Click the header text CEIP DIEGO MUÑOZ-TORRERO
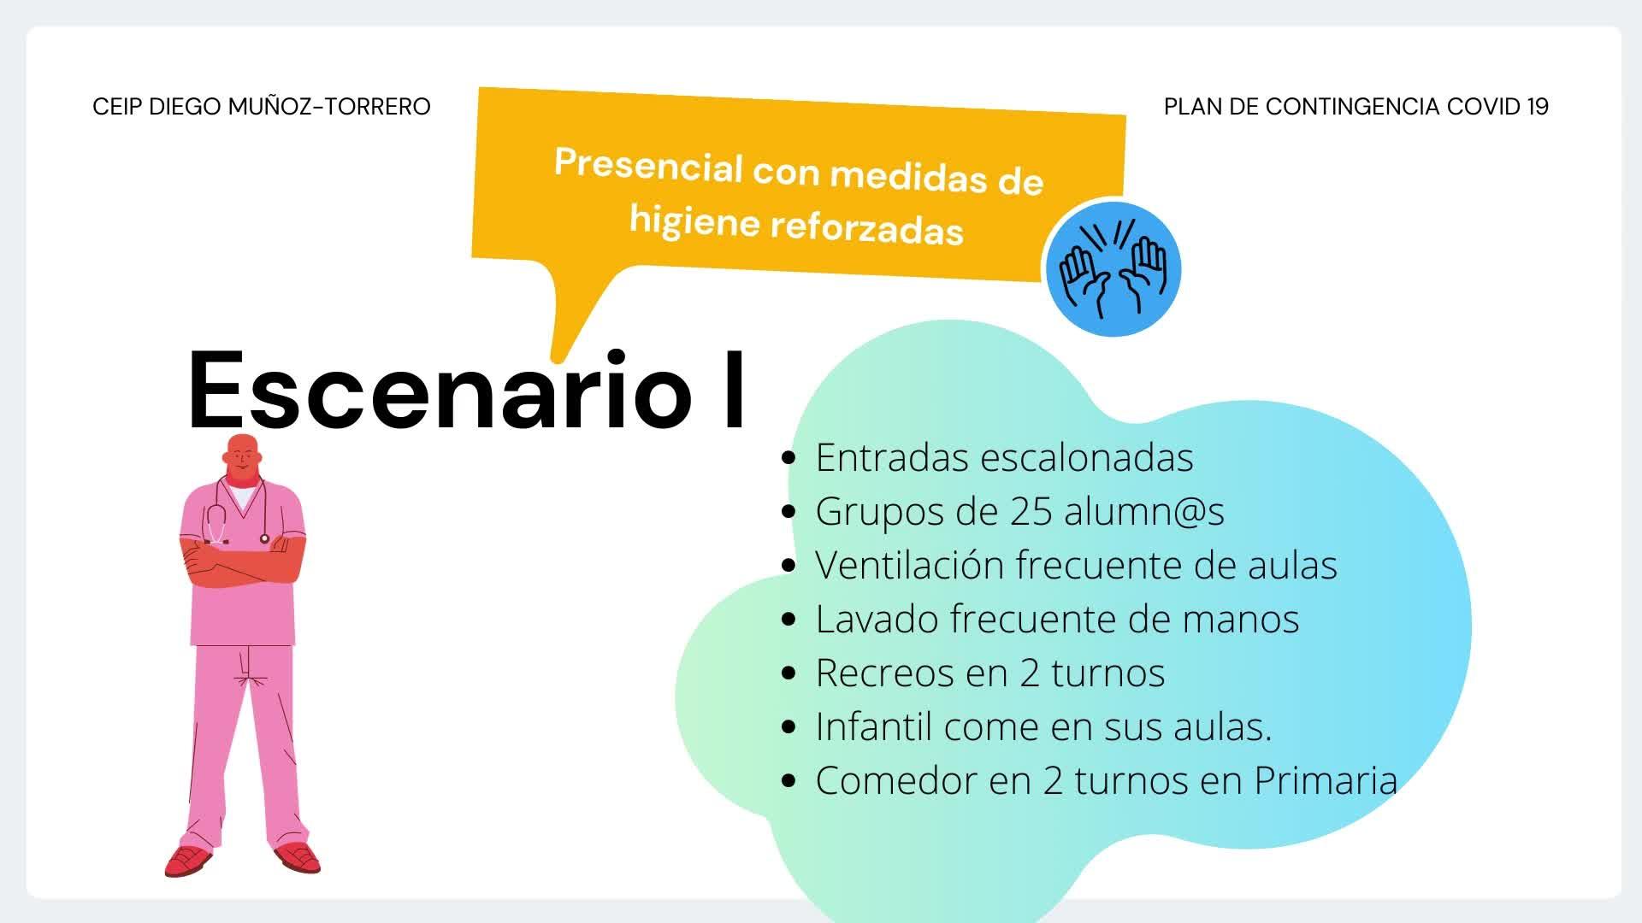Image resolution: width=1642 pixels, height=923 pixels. (262, 106)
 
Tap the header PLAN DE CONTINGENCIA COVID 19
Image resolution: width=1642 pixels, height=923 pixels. (1356, 106)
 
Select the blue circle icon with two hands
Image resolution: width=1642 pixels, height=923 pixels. (1113, 268)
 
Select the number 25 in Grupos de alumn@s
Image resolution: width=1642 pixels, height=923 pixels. (1031, 511)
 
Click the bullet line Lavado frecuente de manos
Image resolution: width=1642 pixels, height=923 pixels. (1041, 619)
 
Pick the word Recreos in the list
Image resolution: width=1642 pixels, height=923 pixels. (884, 673)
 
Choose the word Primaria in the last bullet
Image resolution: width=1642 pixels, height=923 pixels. (1326, 780)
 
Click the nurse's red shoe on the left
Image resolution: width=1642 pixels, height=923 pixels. (187, 861)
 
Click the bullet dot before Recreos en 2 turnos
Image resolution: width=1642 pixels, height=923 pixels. (789, 673)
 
